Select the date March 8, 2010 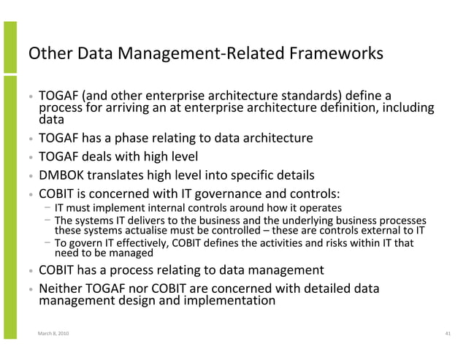tap(55, 334)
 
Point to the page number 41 tap(447, 334)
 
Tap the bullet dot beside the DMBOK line tap(30, 177)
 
